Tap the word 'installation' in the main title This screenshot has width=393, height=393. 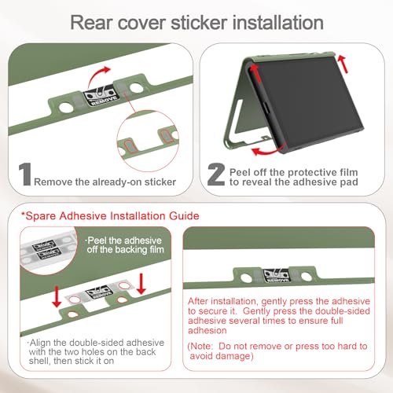(278, 23)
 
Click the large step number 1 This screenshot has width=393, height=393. (25, 174)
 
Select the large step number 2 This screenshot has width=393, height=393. (216, 174)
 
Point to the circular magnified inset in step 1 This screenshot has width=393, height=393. (148, 141)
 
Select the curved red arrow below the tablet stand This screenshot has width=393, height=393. (265, 151)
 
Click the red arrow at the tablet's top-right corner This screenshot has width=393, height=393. (343, 64)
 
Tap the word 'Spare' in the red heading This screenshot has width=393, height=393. (41, 216)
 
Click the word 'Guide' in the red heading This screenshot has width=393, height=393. (184, 216)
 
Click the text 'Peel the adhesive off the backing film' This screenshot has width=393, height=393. (125, 245)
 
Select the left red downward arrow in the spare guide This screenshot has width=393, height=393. (57, 296)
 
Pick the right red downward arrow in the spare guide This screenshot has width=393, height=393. (141, 284)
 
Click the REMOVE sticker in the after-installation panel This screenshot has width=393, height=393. (277, 275)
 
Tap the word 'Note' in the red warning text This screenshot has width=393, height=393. (201, 347)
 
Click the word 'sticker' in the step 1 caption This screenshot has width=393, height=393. (160, 182)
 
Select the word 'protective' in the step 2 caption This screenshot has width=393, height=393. (311, 172)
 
